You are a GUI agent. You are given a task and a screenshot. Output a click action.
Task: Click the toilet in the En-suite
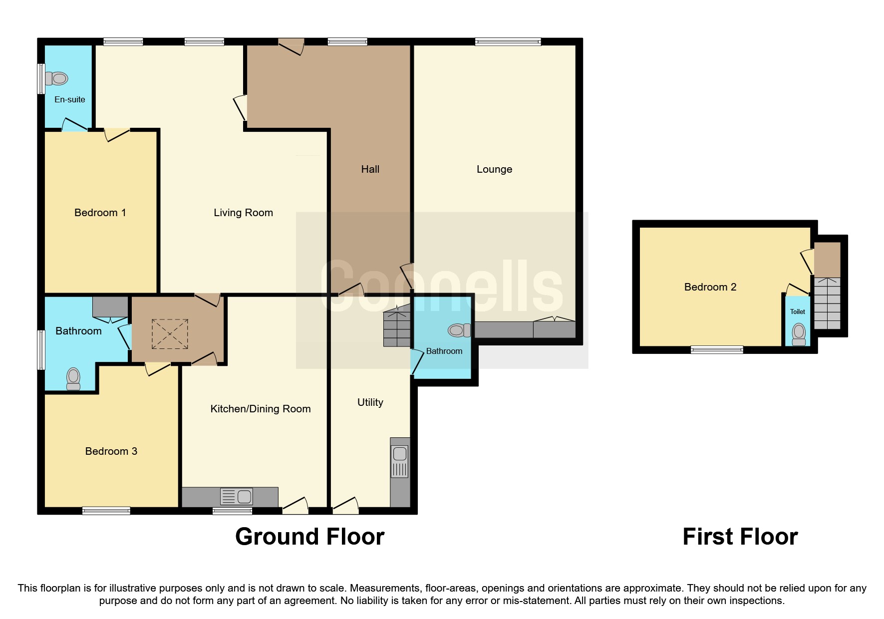pyautogui.click(x=57, y=78)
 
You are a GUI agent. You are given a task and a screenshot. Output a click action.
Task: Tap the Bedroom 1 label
pyautogui.click(x=100, y=213)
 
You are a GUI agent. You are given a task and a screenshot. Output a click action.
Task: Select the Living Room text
pyautogui.click(x=243, y=213)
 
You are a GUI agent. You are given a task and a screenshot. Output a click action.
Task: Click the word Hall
pyautogui.click(x=370, y=169)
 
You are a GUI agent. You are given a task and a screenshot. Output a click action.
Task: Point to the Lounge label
pyautogui.click(x=494, y=169)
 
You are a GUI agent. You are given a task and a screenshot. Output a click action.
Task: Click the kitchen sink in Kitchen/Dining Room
pyautogui.click(x=237, y=497)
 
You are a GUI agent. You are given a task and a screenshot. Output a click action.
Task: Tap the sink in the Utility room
pyautogui.click(x=399, y=462)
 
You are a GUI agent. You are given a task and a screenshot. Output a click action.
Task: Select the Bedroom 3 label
pyautogui.click(x=111, y=451)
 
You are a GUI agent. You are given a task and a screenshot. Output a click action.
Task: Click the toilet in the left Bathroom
pyautogui.click(x=73, y=378)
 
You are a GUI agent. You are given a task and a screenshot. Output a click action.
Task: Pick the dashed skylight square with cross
pyautogui.click(x=170, y=334)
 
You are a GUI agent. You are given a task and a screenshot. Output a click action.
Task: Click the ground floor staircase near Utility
pyautogui.click(x=397, y=327)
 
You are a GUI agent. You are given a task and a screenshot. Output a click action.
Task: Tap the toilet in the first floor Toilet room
pyautogui.click(x=799, y=334)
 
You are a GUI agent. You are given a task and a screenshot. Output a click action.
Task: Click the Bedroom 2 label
pyautogui.click(x=710, y=287)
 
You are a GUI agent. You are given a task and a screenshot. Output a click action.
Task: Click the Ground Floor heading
pyautogui.click(x=309, y=537)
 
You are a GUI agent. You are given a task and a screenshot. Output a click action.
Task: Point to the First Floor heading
pyautogui.click(x=740, y=537)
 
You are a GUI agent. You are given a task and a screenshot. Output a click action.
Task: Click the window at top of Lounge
pyautogui.click(x=508, y=42)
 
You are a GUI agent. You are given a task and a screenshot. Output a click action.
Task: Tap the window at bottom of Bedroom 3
pyautogui.click(x=106, y=510)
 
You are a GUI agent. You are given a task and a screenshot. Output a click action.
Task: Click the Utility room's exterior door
pyautogui.click(x=345, y=507)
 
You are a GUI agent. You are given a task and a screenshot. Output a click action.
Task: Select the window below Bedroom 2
pyautogui.click(x=716, y=350)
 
